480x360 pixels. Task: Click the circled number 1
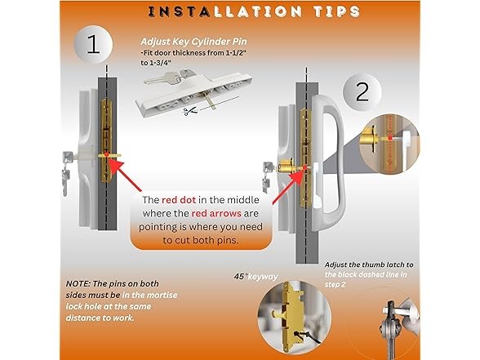click(x=93, y=45)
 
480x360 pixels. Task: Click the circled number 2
click(x=362, y=91)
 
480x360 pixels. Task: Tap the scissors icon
click(x=190, y=111)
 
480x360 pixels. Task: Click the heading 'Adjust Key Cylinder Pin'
click(x=193, y=42)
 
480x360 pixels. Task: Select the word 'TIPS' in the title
click(x=336, y=11)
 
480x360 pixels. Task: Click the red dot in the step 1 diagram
click(x=106, y=154)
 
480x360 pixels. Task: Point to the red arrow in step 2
click(x=287, y=187)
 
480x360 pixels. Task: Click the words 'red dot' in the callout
click(x=179, y=200)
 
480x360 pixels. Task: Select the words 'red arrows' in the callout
click(x=216, y=213)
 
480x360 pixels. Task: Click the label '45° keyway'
click(x=256, y=277)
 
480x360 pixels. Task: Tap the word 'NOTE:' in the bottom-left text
click(x=78, y=284)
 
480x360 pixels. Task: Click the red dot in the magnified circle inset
click(x=389, y=138)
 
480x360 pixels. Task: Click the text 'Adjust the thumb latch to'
click(x=369, y=264)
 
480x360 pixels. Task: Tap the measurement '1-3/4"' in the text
click(x=160, y=63)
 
